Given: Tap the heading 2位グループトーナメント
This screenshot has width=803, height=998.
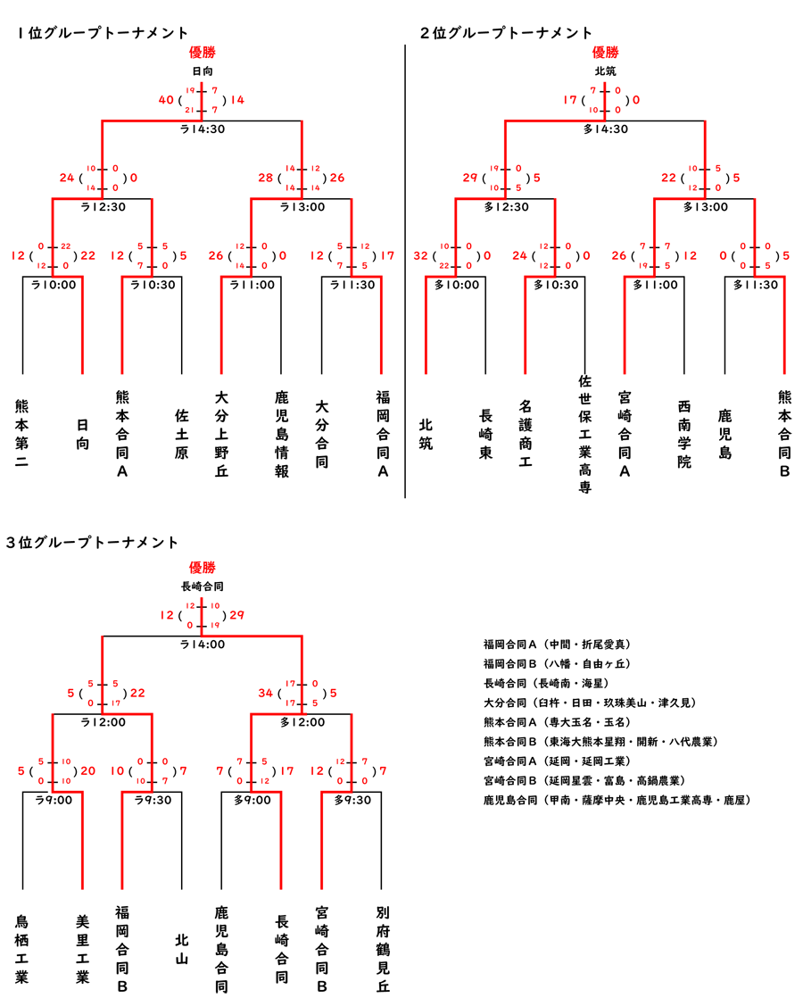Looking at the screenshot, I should click(506, 33).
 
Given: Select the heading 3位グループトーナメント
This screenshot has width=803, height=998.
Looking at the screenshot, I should click(92, 542).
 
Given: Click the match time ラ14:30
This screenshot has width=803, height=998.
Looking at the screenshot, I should click(203, 129).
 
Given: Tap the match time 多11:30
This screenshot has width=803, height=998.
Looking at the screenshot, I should click(755, 286).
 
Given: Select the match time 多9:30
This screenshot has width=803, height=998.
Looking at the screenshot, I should click(352, 800).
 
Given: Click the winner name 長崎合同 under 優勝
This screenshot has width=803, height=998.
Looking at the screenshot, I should click(202, 586).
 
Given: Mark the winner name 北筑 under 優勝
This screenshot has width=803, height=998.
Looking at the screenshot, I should click(605, 71).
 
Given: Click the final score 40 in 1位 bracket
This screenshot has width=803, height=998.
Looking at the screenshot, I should click(166, 100).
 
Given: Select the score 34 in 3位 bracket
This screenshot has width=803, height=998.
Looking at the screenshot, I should click(266, 693).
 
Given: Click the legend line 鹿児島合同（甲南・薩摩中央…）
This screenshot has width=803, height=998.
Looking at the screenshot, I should click(617, 801).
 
